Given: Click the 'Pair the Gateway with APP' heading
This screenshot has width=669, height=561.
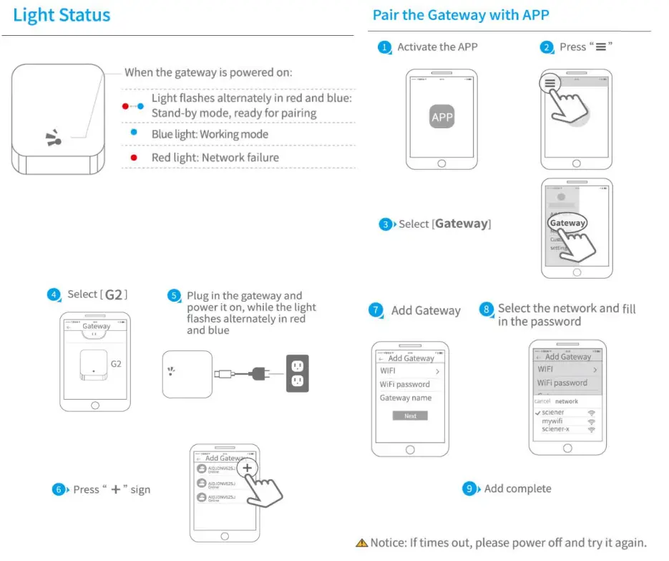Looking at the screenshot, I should click(461, 15).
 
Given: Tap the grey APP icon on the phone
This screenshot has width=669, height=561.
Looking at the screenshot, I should click(441, 118).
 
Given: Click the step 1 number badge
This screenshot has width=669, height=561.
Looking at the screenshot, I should click(385, 47).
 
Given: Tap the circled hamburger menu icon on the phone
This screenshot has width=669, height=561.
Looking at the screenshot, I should click(550, 83).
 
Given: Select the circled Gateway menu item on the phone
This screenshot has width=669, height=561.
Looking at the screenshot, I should click(567, 223).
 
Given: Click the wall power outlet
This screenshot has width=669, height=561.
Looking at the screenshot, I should click(297, 373).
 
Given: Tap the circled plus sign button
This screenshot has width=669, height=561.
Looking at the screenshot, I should click(247, 467).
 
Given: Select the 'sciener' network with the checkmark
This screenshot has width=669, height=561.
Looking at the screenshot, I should click(553, 413).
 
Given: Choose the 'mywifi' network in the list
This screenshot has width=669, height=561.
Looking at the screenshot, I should click(552, 421).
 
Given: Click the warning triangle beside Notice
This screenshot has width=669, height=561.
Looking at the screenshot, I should click(362, 543).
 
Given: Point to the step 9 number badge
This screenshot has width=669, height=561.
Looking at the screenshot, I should click(470, 489).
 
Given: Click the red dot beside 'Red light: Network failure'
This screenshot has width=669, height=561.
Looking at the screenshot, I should click(133, 158).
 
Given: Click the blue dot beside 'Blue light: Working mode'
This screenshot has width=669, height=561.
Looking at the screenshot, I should click(133, 133).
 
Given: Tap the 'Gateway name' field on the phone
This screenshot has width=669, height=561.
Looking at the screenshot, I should click(406, 398).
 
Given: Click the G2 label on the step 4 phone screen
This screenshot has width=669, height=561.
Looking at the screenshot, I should click(116, 364).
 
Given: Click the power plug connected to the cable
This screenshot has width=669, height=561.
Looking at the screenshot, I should click(258, 373).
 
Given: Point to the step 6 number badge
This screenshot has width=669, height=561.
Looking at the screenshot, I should click(59, 490).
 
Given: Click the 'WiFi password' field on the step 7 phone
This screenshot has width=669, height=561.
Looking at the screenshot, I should click(404, 384).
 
